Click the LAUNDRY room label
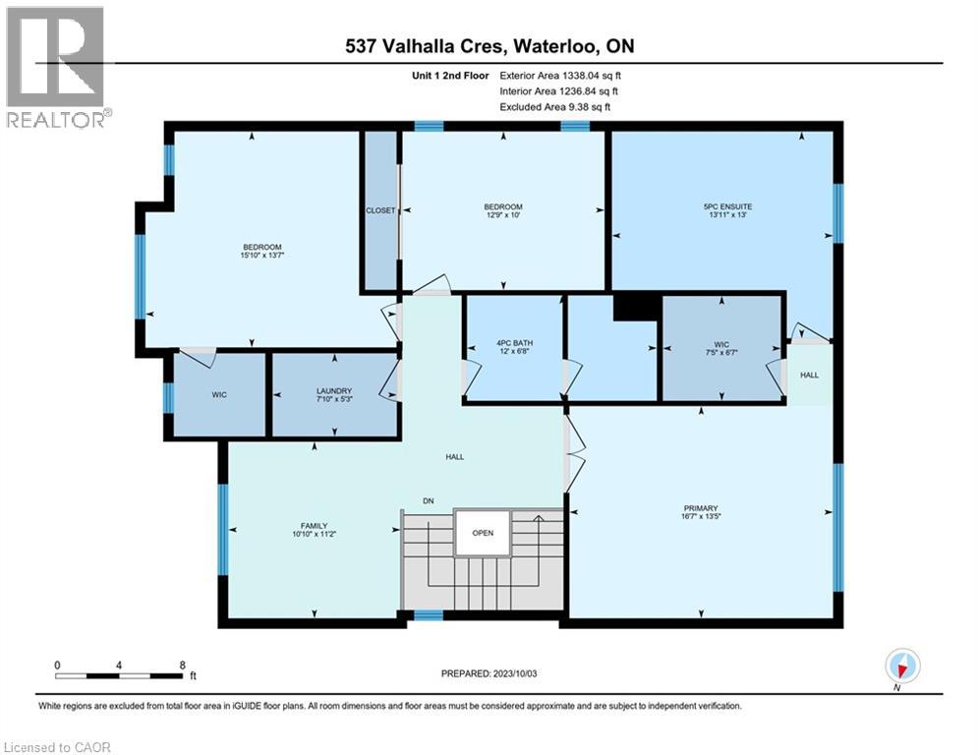point(334,389)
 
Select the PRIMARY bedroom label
point(702,509)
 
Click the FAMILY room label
point(314,526)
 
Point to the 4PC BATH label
point(512,344)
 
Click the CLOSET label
point(379,210)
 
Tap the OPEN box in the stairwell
point(482,533)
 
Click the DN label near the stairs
point(429,501)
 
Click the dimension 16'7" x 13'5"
point(702,519)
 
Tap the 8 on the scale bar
point(182,665)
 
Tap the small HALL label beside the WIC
point(809,375)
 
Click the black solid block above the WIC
point(636,307)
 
